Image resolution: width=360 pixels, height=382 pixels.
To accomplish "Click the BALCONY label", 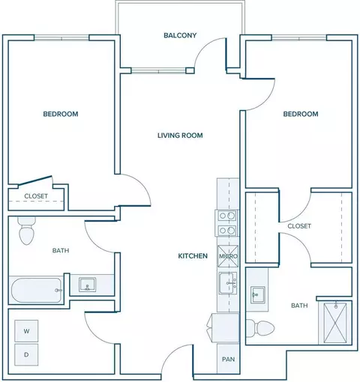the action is tap(180, 35).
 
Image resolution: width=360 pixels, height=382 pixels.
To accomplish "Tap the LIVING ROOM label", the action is tap(180, 136).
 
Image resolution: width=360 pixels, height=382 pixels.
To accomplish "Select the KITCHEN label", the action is tap(193, 256).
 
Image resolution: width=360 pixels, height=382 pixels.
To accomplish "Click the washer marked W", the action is tap(26, 331).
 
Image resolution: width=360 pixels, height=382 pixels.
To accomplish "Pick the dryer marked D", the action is tap(26, 354).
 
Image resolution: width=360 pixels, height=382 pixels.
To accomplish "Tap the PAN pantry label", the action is tap(228, 360).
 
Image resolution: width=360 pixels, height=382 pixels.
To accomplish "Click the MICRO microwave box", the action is tap(228, 256).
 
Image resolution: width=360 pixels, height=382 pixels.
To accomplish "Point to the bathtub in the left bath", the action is tap(37, 290).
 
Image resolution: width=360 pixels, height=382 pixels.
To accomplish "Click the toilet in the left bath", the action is tap(27, 231).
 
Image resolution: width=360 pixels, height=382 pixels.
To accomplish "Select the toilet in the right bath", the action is tap(260, 327).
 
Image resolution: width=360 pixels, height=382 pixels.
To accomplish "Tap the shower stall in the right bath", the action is tap(335, 323).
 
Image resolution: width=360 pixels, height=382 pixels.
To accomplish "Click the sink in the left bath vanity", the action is tap(87, 285).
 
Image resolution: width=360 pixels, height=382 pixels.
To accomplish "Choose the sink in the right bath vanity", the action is tap(258, 295).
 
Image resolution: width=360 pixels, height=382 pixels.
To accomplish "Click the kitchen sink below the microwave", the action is tap(228, 283).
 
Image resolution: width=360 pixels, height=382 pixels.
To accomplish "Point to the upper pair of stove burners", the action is tap(227, 216).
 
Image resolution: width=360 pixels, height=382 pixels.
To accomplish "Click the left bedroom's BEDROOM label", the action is tap(61, 114).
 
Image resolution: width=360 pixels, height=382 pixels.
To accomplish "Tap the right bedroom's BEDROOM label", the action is tap(301, 114).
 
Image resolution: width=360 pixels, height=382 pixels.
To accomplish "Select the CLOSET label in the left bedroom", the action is tap(36, 196).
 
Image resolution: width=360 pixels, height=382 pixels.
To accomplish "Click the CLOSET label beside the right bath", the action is tap(299, 226).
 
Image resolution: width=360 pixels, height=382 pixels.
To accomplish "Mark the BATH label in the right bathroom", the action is tap(299, 306).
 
